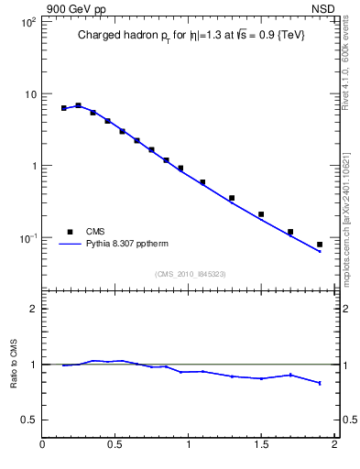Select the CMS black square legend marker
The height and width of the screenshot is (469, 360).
click(70, 232)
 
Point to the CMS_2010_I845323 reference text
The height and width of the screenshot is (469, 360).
click(190, 273)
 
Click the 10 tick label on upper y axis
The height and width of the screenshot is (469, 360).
click(29, 94)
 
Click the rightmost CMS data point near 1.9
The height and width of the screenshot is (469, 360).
click(320, 245)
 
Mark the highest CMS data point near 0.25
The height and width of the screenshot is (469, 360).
click(78, 105)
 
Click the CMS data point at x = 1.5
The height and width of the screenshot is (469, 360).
click(261, 214)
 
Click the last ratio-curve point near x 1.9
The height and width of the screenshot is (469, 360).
click(320, 383)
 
